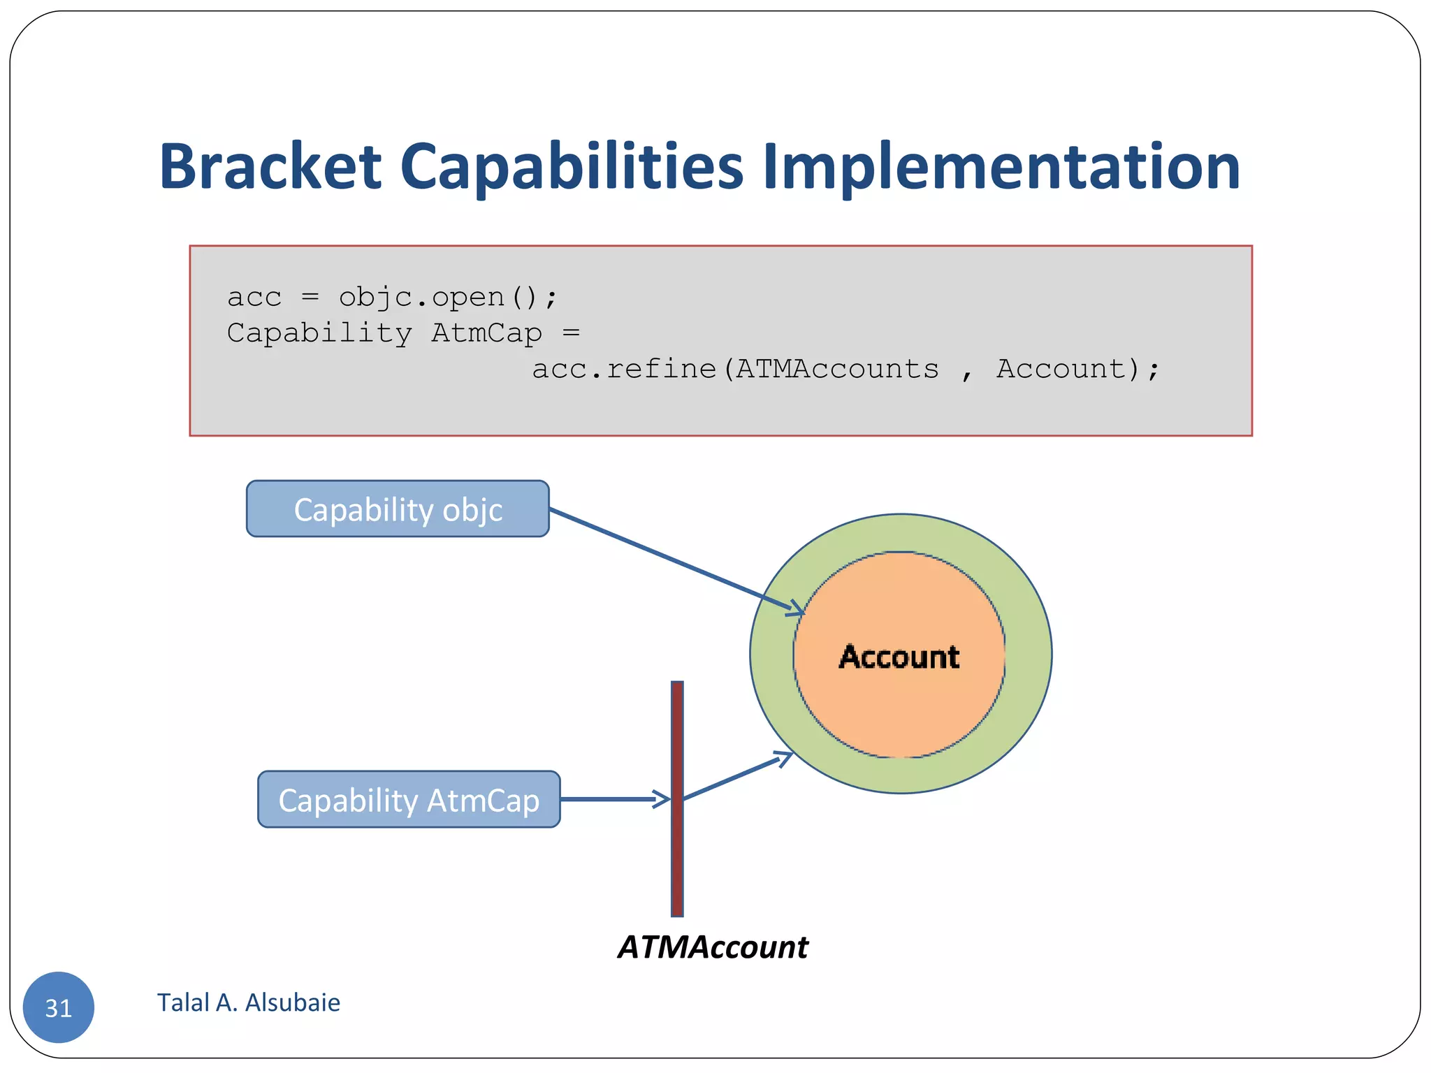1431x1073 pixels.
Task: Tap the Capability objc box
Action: coord(398,509)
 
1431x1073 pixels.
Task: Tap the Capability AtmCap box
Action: coord(409,800)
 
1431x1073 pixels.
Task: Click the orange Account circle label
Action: coord(899,657)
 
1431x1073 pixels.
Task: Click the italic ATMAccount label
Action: coord(713,947)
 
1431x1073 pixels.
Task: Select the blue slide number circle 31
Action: coord(59,1007)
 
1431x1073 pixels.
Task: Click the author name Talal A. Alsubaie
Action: coord(249,1002)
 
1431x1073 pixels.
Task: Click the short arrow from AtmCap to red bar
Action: coord(615,799)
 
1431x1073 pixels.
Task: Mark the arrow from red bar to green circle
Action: coord(734,776)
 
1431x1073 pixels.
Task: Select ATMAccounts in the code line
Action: coord(837,369)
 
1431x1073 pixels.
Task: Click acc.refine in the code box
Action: coord(624,369)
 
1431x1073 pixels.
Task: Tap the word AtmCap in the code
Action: coord(486,333)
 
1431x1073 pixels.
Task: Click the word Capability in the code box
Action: coord(319,333)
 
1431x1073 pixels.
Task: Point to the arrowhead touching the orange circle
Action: coord(797,609)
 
